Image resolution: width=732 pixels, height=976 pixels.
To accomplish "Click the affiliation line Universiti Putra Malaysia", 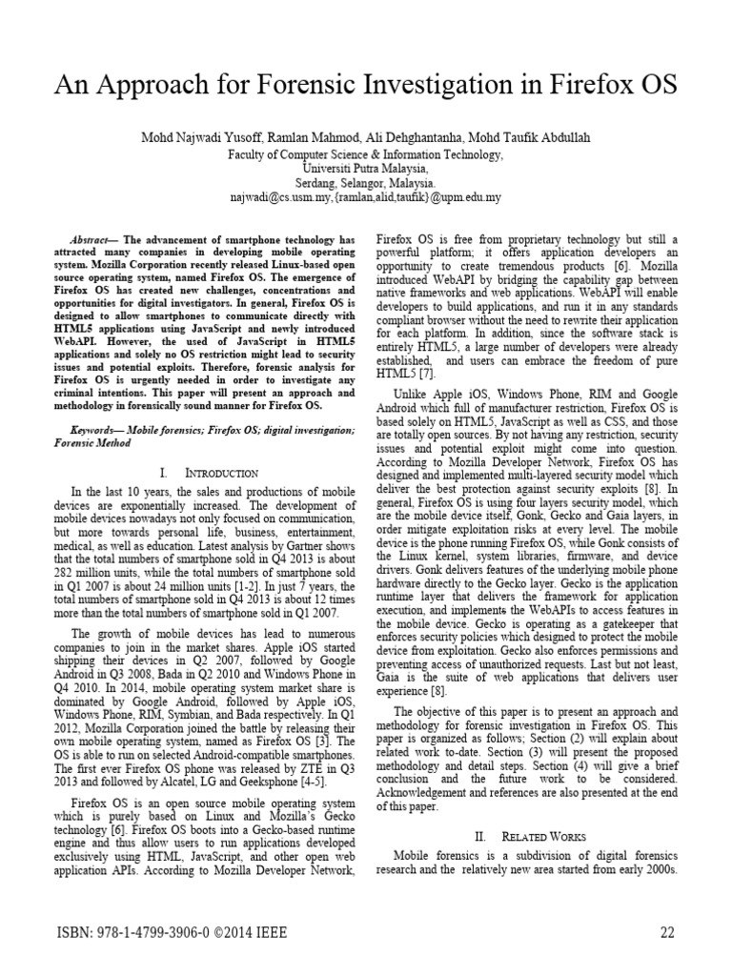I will pyautogui.click(x=366, y=168).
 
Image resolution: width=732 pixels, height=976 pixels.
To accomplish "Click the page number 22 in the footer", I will pyautogui.click(x=666, y=933).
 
